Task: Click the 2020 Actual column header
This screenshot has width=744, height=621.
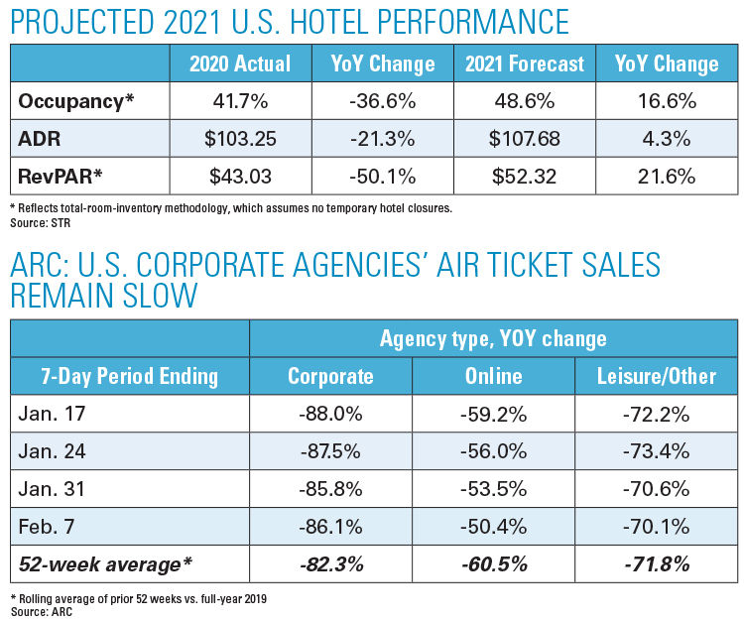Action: (240, 63)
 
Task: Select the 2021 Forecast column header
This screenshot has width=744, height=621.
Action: (525, 63)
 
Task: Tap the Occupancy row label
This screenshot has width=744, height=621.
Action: (76, 101)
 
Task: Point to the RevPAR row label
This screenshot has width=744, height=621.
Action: (60, 176)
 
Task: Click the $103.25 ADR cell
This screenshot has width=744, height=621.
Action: (240, 139)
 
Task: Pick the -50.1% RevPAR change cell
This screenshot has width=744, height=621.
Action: (383, 176)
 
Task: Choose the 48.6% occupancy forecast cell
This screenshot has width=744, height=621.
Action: (525, 101)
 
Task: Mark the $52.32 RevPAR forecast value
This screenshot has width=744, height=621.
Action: (525, 176)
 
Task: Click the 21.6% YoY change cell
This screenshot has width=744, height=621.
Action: (667, 176)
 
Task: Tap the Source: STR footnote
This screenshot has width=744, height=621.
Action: (41, 223)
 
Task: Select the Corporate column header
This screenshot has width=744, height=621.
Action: (330, 376)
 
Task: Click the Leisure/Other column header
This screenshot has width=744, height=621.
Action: (657, 376)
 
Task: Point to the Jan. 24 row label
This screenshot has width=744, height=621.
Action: (52, 450)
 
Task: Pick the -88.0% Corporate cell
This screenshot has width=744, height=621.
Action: (330, 414)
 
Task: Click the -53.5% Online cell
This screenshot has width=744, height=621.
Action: (493, 489)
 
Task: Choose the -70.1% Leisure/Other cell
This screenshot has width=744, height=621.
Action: (657, 526)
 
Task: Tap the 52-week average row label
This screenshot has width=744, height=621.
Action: (105, 564)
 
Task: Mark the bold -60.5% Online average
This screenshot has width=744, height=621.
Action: (493, 564)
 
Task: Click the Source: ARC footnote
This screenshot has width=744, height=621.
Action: (42, 612)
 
